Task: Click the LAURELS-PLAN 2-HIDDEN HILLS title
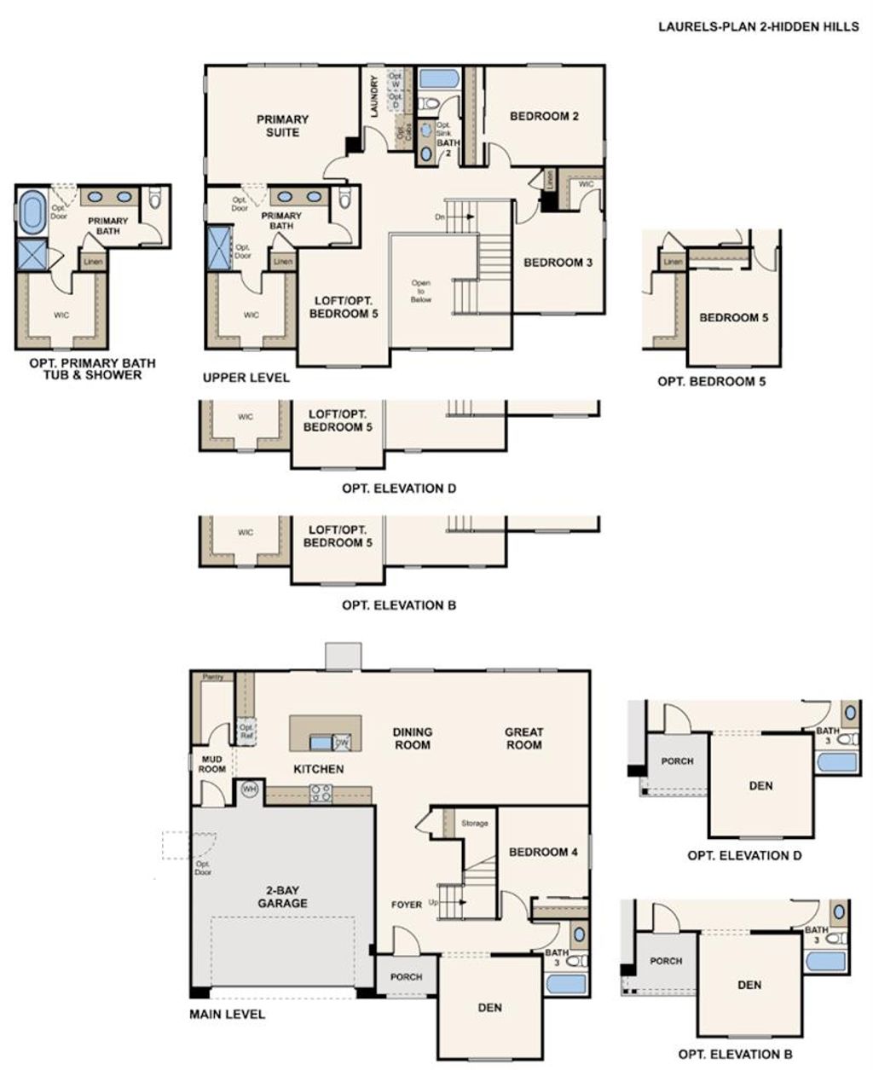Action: coord(758,26)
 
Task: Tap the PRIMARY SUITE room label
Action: coord(282,125)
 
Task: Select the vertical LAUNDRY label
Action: coord(373,95)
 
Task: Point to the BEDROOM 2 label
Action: coord(544,116)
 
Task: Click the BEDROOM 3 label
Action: coord(558,263)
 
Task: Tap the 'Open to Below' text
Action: coord(420,292)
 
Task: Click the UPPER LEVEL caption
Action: coord(246,377)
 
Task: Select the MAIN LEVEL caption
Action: coord(227,1014)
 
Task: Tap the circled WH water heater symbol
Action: coord(250,789)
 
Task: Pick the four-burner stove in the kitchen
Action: coord(321,793)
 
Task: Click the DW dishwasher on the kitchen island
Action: coord(342,743)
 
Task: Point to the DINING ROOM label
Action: coord(413,737)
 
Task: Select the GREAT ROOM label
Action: coord(523,737)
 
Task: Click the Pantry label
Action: coord(212,677)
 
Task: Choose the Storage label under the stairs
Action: coord(475,823)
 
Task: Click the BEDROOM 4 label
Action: coord(543,852)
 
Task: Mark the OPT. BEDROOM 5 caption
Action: coord(711,381)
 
